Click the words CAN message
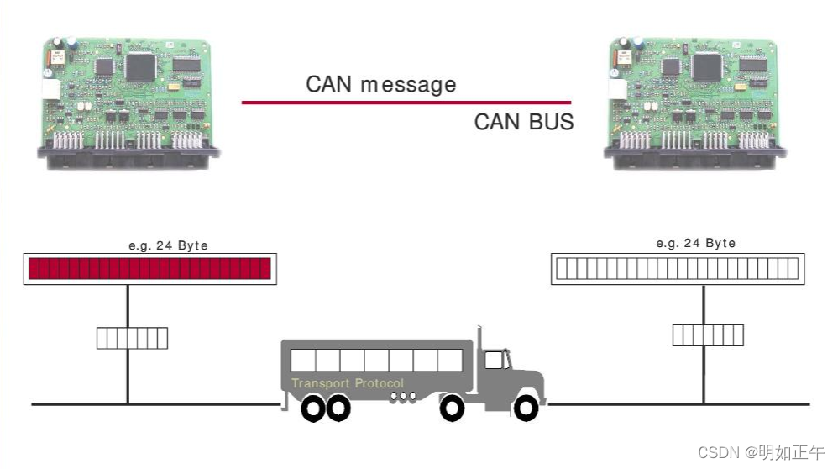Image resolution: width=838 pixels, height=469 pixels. pos(380,84)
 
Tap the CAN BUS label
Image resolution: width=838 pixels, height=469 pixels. pos(523,122)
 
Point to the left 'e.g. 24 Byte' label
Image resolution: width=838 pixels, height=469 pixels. pos(168,245)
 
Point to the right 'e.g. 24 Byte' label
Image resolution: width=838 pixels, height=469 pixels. pos(695,243)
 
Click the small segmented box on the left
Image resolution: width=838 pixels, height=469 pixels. pos(132,338)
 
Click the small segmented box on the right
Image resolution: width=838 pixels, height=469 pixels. pos(708,335)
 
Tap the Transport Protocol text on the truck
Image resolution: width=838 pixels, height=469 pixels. pos(347,383)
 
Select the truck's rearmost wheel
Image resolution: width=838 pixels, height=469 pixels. pos(313,408)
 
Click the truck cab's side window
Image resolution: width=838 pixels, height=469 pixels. pos(495,361)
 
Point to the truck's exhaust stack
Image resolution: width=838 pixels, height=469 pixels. pos(479,340)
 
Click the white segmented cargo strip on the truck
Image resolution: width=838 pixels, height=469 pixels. pos(375,361)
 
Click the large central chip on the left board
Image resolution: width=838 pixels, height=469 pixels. pos(139,65)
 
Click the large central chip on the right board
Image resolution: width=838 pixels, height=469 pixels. pos(707,65)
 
